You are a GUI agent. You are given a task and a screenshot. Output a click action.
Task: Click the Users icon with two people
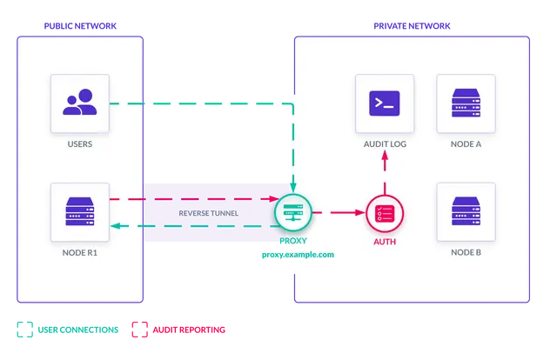pos(80,103)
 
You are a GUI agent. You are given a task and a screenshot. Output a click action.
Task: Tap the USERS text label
pos(80,143)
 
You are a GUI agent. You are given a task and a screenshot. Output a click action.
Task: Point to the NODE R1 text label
pos(80,253)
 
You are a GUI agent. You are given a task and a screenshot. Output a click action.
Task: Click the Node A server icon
pos(466,103)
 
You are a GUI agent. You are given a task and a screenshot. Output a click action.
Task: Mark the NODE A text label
pos(466,143)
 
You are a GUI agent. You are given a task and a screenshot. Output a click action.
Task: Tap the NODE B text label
pos(466,253)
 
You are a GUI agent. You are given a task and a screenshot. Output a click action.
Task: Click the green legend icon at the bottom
pos(23,329)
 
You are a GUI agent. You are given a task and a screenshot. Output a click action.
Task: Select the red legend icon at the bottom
pos(138,329)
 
